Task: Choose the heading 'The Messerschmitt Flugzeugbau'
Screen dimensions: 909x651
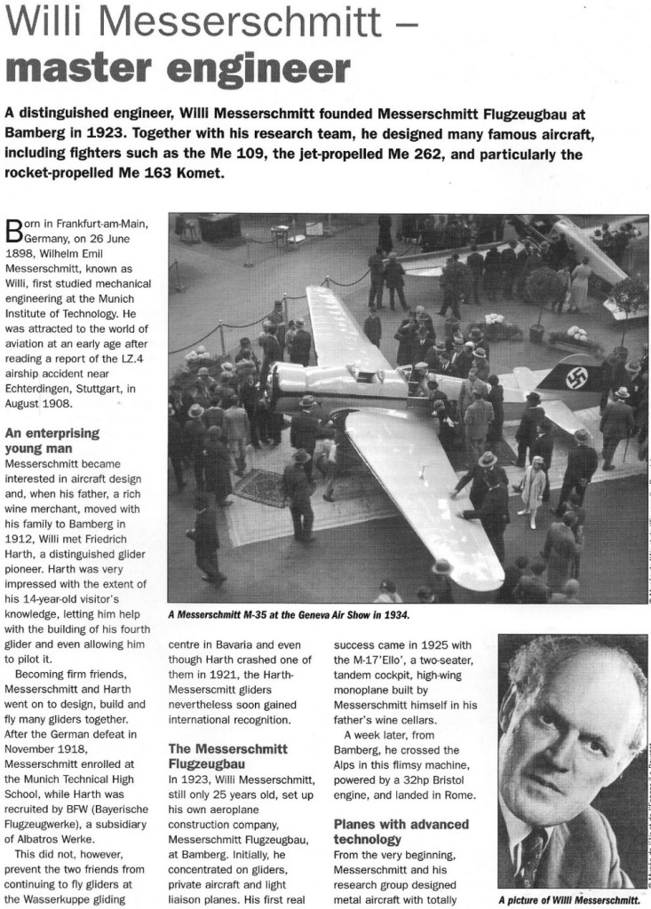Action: click(227, 756)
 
